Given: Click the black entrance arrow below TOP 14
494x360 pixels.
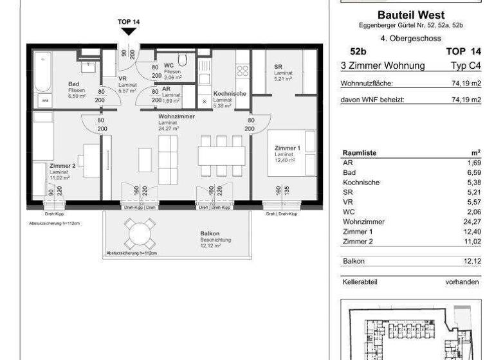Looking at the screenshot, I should click(129, 32).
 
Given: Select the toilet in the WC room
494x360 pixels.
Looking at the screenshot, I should click(183, 61).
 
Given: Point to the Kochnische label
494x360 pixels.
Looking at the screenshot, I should click(229, 93).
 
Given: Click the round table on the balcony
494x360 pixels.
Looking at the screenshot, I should click(140, 233).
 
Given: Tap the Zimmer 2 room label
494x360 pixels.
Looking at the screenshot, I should click(63, 165).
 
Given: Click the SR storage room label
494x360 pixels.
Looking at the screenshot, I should click(278, 67).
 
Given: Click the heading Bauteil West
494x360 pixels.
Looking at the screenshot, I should click(410, 15).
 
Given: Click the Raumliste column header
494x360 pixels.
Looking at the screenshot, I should click(360, 153).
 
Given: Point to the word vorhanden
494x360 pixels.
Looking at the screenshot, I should click(462, 282).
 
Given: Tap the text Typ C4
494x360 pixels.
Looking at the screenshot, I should click(466, 66).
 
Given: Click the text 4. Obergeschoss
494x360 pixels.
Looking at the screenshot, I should click(410, 38).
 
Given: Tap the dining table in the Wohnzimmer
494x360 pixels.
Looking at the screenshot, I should click(221, 156).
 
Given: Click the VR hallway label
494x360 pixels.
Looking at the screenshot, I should click(123, 78).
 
